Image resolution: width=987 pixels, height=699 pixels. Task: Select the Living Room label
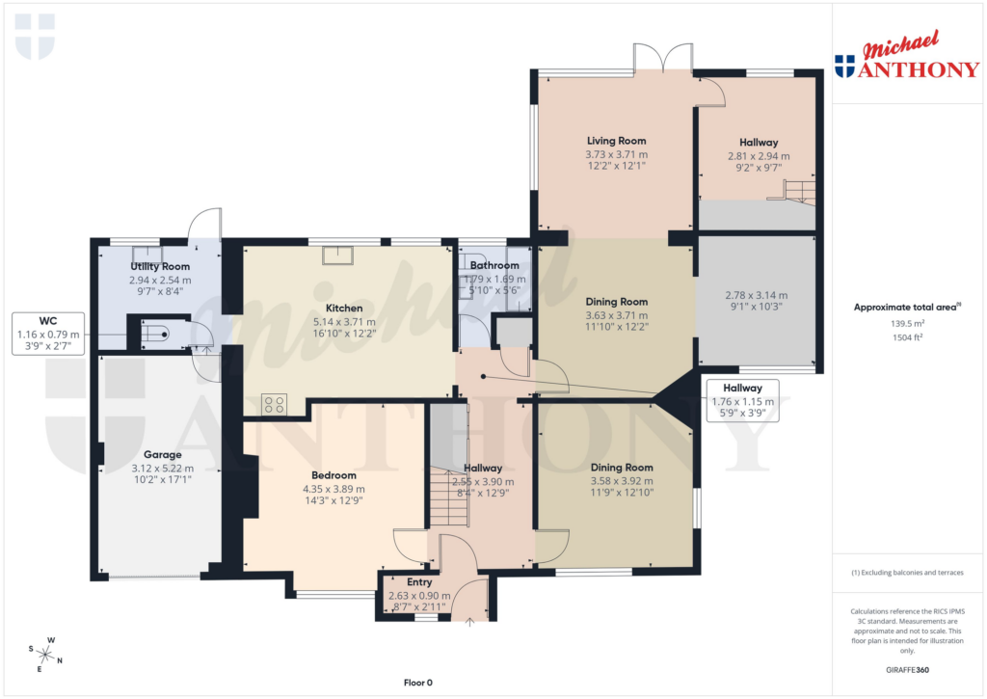tap(616, 141)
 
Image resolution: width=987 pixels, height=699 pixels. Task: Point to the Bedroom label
tap(333, 475)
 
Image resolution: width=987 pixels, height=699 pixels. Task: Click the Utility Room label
tap(160, 266)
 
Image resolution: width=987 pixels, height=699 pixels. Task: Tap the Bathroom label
tap(493, 265)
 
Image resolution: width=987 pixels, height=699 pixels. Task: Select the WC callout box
tap(48, 334)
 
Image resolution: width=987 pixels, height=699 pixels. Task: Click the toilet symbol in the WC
tap(154, 335)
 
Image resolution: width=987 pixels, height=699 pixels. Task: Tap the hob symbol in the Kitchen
tap(274, 404)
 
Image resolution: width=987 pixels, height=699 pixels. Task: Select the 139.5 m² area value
tap(905, 324)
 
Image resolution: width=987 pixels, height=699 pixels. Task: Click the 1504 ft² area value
tap(905, 337)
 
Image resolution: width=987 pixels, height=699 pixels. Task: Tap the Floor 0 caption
tap(419, 683)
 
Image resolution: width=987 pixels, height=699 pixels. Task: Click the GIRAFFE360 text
tap(905, 669)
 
